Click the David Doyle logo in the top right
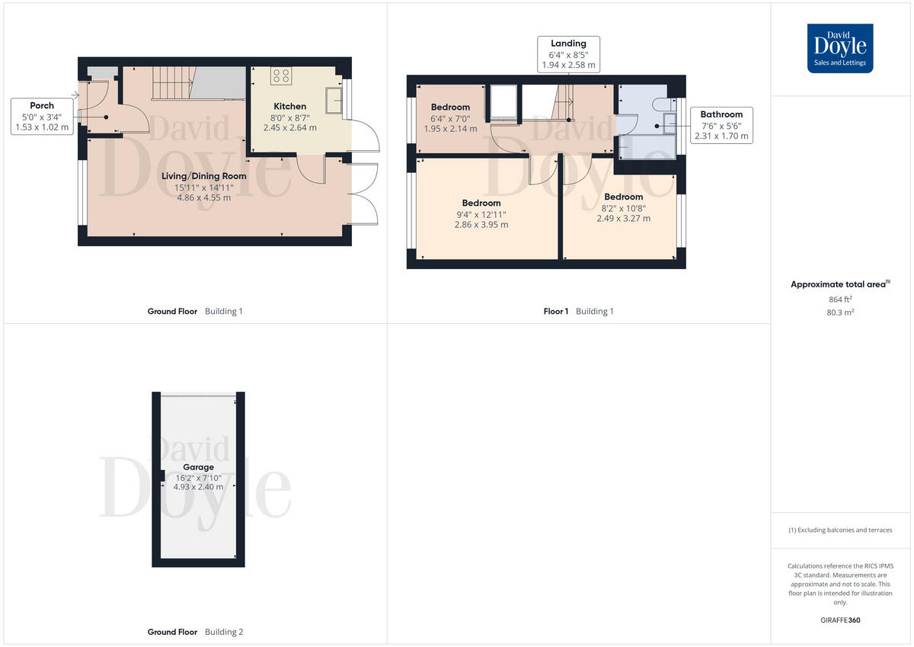coord(840,48)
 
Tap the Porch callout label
coord(42,105)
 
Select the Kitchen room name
coord(289,106)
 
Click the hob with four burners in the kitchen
coord(281,75)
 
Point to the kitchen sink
coord(333,100)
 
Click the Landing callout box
coord(568,55)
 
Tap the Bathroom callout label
coord(721,114)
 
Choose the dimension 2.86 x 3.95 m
coord(481,225)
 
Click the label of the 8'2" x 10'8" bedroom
coord(623,197)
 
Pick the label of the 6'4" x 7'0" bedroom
coord(450,107)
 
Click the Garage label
coord(198,467)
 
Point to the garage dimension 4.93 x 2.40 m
coord(198,486)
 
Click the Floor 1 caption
coord(555,311)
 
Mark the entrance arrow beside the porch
coord(75,95)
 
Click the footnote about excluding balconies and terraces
coord(840,530)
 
